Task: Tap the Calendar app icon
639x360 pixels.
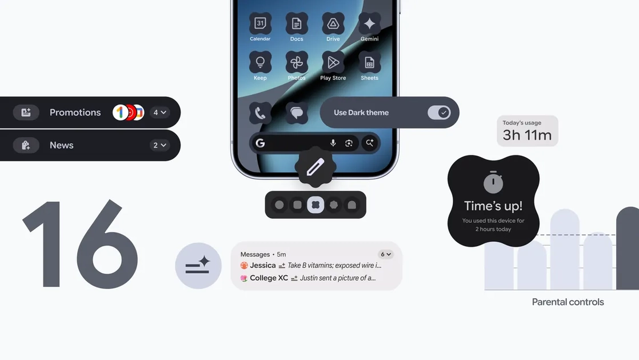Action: click(x=260, y=23)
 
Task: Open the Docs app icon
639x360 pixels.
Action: click(x=297, y=23)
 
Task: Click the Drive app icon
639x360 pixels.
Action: click(x=333, y=23)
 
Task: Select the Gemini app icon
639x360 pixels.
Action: click(x=369, y=23)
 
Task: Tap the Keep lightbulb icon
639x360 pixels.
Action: click(x=260, y=62)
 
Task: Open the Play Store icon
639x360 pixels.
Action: click(x=333, y=62)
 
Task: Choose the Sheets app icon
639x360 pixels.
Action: click(x=369, y=62)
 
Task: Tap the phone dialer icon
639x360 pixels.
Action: click(x=260, y=113)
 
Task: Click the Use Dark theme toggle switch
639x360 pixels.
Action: click(x=439, y=113)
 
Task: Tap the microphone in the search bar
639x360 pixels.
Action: click(x=333, y=143)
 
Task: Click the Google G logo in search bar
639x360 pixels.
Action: click(x=260, y=143)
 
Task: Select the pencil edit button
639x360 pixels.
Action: click(x=315, y=167)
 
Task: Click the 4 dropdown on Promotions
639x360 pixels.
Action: click(x=159, y=113)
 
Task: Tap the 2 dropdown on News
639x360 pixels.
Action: click(x=159, y=145)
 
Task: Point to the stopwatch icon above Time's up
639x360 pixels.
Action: click(x=493, y=182)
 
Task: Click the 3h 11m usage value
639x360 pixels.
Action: click(x=527, y=135)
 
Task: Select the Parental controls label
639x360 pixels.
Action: click(x=568, y=302)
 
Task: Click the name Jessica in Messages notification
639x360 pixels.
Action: click(x=263, y=265)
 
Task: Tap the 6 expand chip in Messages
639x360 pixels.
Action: click(x=386, y=254)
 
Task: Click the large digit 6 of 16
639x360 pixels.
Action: click(x=107, y=246)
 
